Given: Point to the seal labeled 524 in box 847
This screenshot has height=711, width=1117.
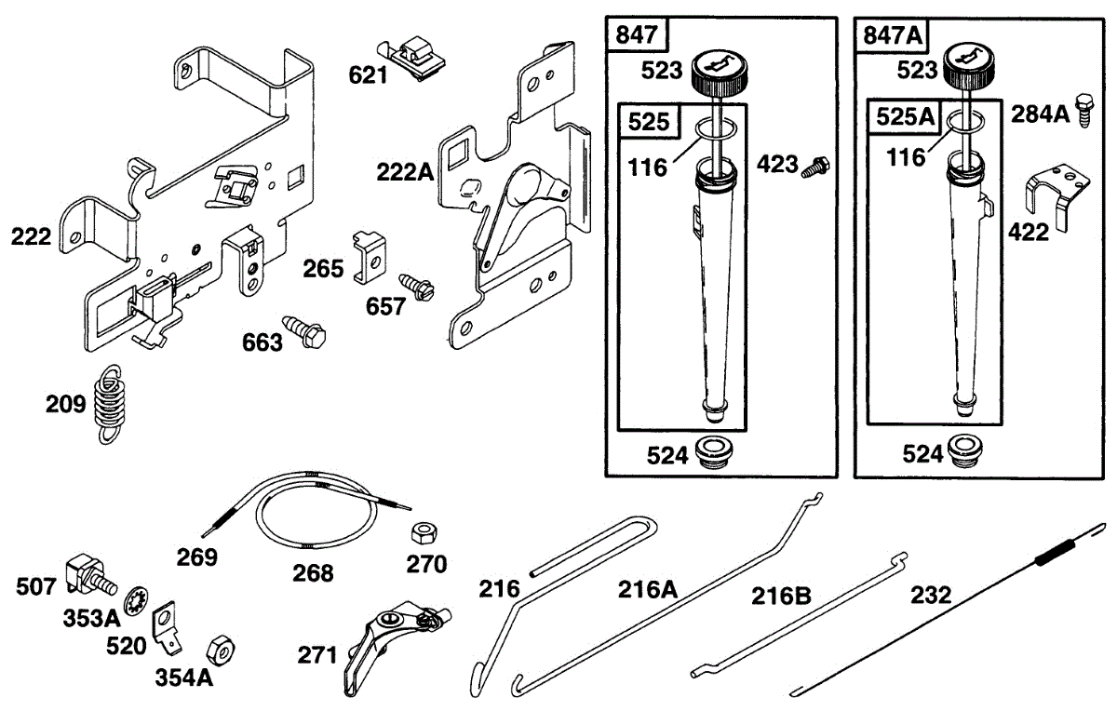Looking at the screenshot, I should (x=716, y=453).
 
